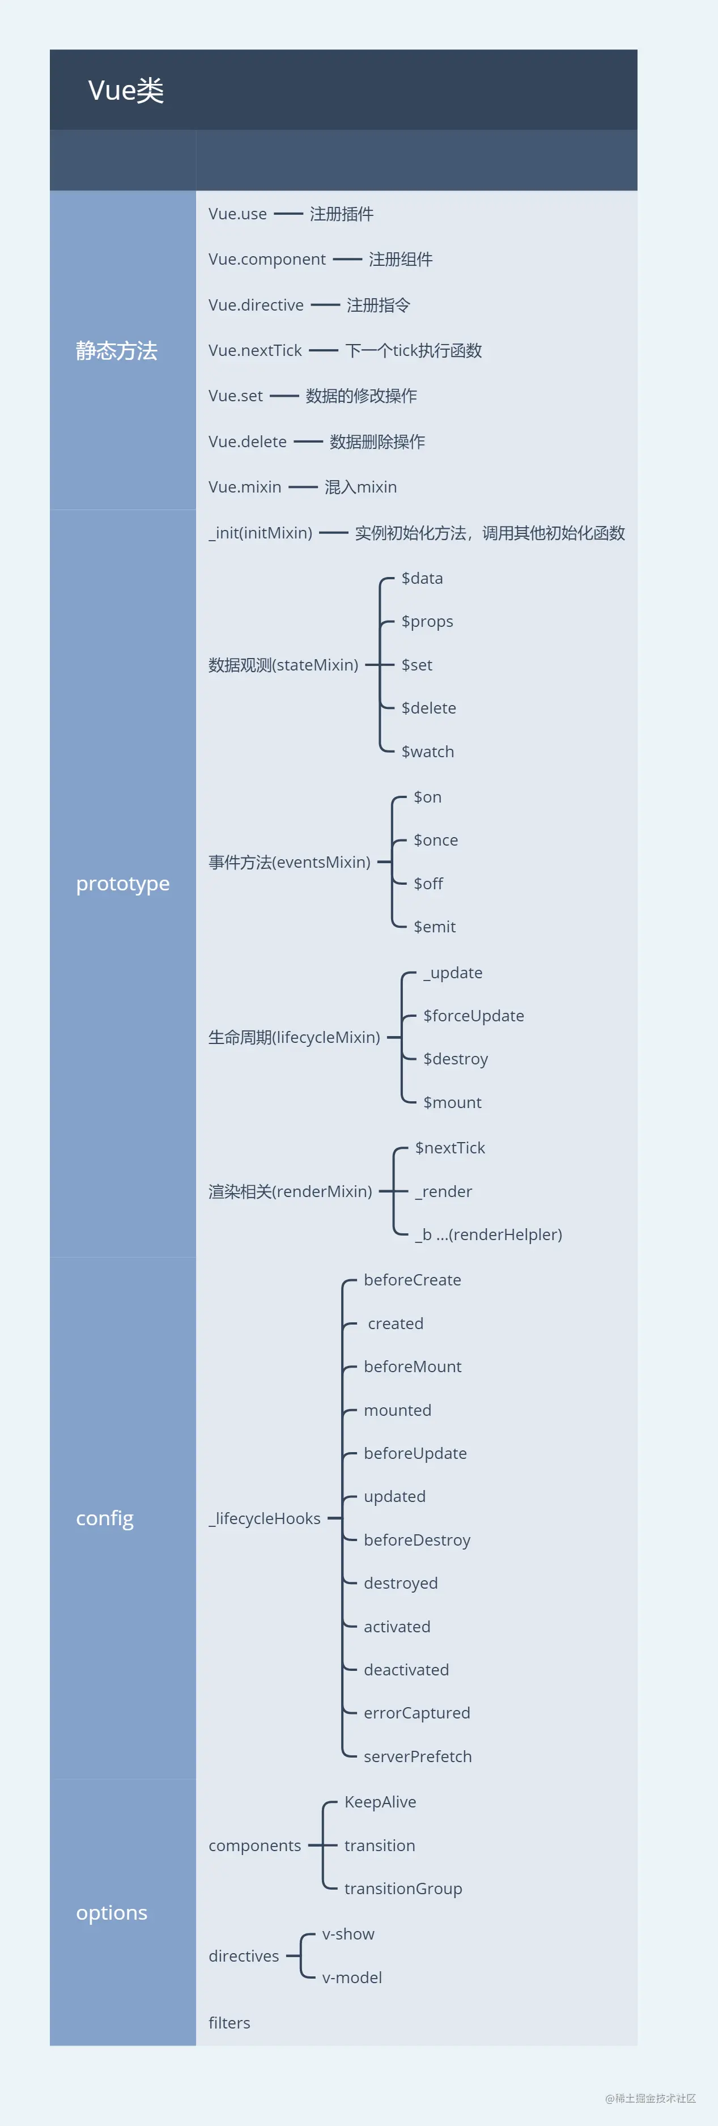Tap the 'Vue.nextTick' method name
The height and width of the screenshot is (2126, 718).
click(x=255, y=351)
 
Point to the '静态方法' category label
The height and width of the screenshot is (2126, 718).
click(x=116, y=351)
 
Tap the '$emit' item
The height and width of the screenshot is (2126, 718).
click(x=434, y=927)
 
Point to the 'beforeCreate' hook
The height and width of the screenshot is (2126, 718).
click(x=412, y=1280)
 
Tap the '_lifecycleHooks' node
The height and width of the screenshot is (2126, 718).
click(x=264, y=1518)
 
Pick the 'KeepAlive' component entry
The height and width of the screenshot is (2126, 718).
click(x=380, y=1802)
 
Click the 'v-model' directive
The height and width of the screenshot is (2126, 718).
click(x=351, y=1978)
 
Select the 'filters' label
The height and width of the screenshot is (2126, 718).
click(x=230, y=2023)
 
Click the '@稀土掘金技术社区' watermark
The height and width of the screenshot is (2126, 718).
click(x=651, y=2098)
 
